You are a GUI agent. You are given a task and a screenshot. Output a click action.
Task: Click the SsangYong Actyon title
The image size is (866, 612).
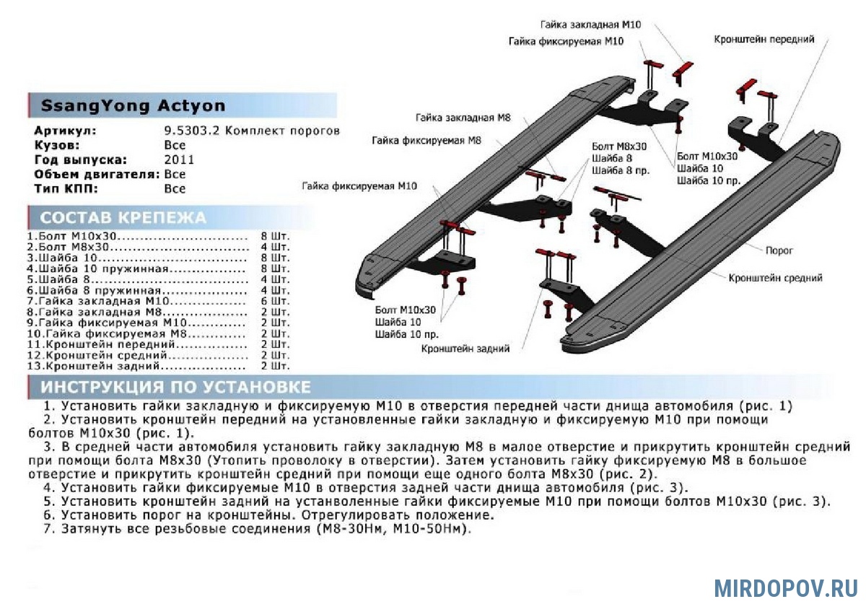133,106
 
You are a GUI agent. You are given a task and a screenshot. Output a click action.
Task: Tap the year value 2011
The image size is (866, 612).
179,159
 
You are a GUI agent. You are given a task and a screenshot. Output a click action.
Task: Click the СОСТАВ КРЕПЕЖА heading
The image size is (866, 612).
123,218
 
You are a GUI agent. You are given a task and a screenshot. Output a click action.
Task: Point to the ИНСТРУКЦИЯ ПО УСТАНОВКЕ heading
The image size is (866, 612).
176,387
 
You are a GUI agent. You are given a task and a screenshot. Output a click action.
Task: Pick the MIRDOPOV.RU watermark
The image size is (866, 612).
786,587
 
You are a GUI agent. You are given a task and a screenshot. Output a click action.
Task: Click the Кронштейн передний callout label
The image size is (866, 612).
764,39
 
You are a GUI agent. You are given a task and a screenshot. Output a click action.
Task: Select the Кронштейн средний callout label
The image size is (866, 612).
775,278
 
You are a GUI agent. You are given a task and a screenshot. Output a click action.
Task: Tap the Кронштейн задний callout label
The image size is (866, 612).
466,349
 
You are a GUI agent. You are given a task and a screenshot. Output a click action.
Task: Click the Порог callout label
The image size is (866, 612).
779,250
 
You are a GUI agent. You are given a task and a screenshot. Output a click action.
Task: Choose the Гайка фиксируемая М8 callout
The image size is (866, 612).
427,141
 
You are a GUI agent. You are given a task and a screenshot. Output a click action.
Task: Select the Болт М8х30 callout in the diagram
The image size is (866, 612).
619,146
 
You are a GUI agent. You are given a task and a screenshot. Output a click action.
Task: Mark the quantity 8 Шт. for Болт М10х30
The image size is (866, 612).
274,236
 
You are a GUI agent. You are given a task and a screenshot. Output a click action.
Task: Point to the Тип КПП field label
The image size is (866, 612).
66,188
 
